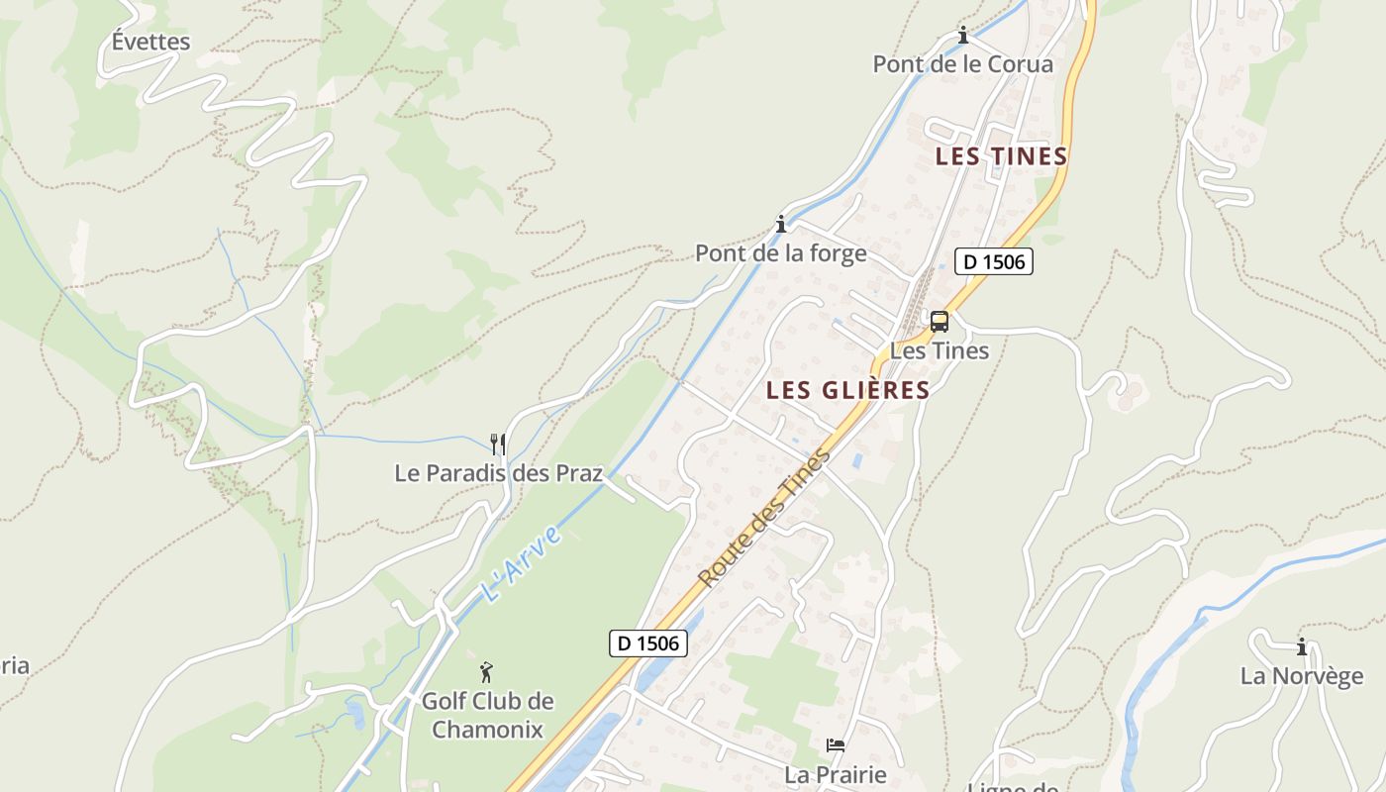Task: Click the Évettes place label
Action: click(150, 42)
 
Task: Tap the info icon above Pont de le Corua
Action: click(962, 36)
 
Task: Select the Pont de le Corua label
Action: click(962, 64)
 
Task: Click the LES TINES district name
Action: click(1001, 156)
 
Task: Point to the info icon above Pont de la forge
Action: click(781, 224)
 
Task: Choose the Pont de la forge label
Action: click(780, 253)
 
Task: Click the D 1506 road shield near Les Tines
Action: click(994, 261)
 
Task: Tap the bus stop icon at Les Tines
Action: click(939, 321)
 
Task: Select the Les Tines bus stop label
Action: click(939, 350)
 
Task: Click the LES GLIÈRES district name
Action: click(847, 390)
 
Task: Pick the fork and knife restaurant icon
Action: click(498, 444)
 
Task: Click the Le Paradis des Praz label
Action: click(498, 473)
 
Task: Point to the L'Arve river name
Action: click(521, 563)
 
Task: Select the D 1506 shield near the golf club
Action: click(647, 643)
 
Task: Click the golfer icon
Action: click(486, 673)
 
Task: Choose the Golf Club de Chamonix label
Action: click(487, 715)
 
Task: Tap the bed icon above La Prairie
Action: click(836, 744)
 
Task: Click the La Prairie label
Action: click(835, 774)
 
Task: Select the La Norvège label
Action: click(1301, 677)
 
